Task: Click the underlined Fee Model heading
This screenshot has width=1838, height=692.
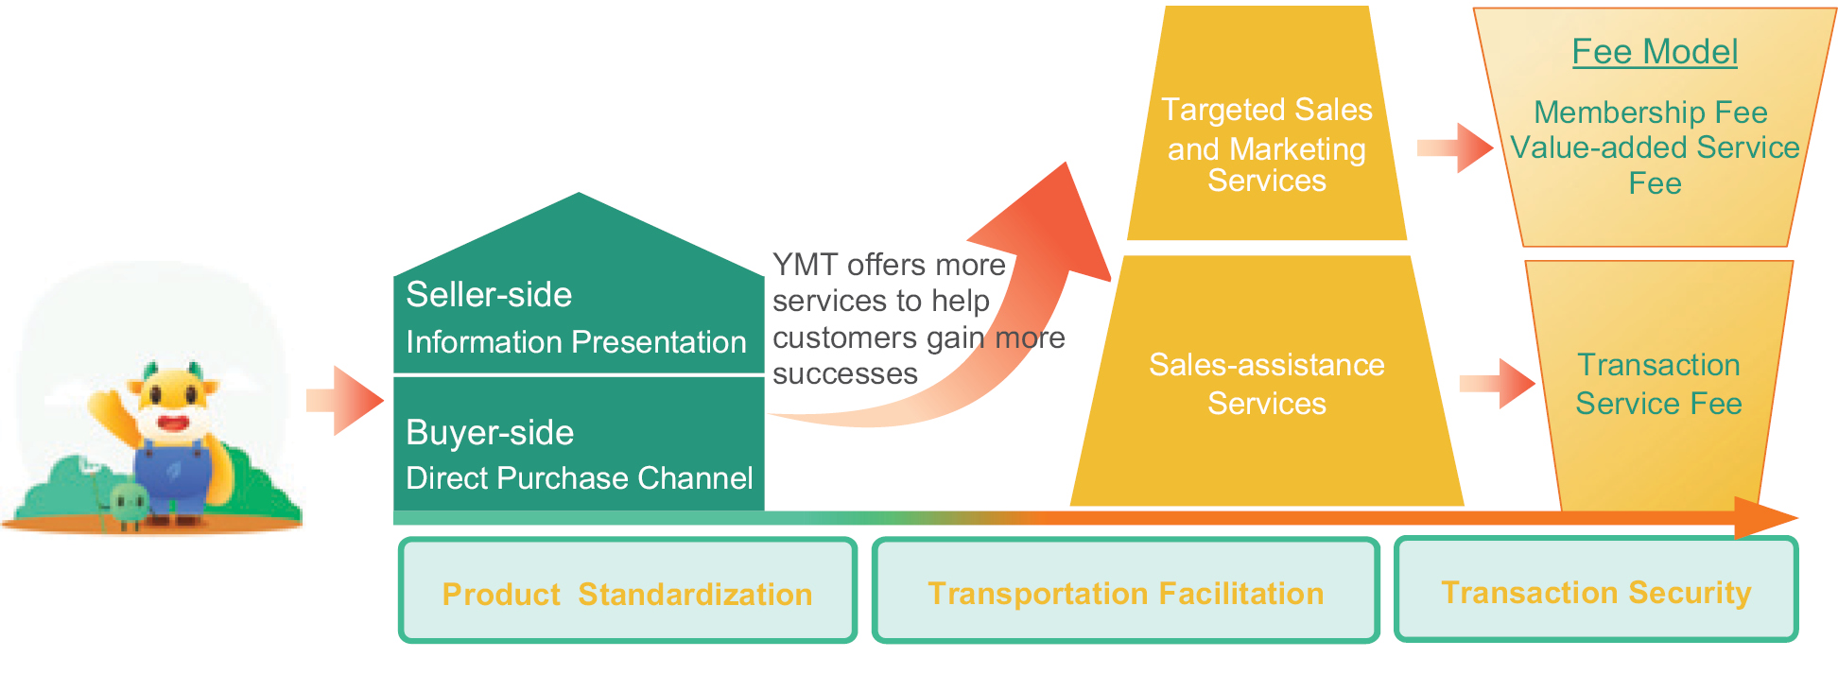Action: pyautogui.click(x=1655, y=52)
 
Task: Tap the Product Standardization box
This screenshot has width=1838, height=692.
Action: pyautogui.click(x=628, y=590)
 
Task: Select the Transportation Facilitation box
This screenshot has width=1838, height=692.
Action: pyautogui.click(x=1125, y=590)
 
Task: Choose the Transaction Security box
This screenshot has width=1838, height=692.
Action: pyautogui.click(x=1596, y=589)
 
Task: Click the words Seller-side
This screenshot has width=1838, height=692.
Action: pyautogui.click(x=489, y=295)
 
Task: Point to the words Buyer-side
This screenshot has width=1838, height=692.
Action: pyautogui.click(x=490, y=433)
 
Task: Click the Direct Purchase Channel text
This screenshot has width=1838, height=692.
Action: pyautogui.click(x=580, y=478)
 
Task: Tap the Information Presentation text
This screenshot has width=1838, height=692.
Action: pyautogui.click(x=576, y=342)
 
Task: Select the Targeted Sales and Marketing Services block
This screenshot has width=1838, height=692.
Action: pyautogui.click(x=1267, y=123)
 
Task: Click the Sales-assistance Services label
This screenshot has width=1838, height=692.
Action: pyautogui.click(x=1267, y=384)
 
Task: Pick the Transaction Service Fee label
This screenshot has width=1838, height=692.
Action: pyautogui.click(x=1659, y=384)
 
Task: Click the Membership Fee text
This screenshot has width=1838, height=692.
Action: pyautogui.click(x=1651, y=112)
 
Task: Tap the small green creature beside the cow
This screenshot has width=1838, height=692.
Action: pyautogui.click(x=128, y=504)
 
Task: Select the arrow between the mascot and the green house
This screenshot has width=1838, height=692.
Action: pyautogui.click(x=344, y=401)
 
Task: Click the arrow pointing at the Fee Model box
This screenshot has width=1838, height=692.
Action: pyautogui.click(x=1455, y=147)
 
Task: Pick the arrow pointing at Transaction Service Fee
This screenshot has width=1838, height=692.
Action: pyautogui.click(x=1498, y=384)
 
